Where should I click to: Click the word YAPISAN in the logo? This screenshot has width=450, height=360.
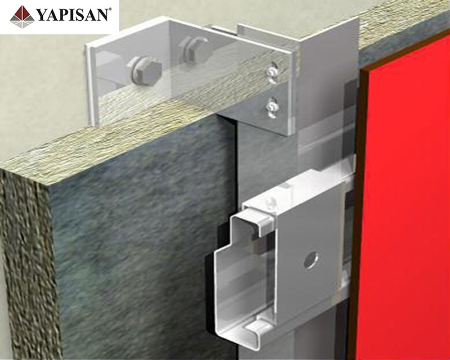coord(73,15)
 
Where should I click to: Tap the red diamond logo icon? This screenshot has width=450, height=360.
coord(22,17)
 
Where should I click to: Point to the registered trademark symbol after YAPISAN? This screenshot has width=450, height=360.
coord(110,10)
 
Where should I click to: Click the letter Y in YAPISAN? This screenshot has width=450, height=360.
coord(42,15)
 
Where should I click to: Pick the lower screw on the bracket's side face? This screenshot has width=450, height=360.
coord(272,107)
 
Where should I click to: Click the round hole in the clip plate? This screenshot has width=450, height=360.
coord(312,260)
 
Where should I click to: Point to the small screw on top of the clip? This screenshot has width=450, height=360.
coord(271,202)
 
